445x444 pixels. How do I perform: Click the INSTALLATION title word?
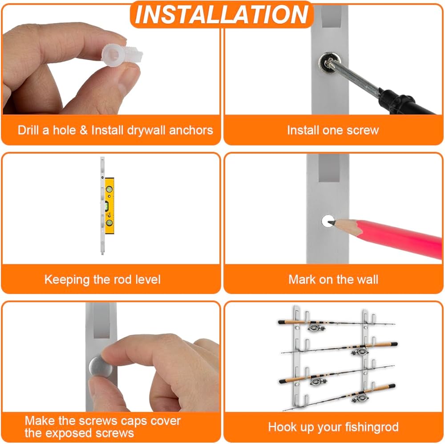[222, 15]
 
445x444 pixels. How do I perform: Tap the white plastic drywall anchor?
[121, 55]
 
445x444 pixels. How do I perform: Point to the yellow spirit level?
[109, 206]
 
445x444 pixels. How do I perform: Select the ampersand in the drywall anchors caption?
[84, 130]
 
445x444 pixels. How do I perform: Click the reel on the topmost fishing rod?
[316, 327]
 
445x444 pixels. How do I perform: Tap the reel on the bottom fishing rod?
[360, 398]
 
